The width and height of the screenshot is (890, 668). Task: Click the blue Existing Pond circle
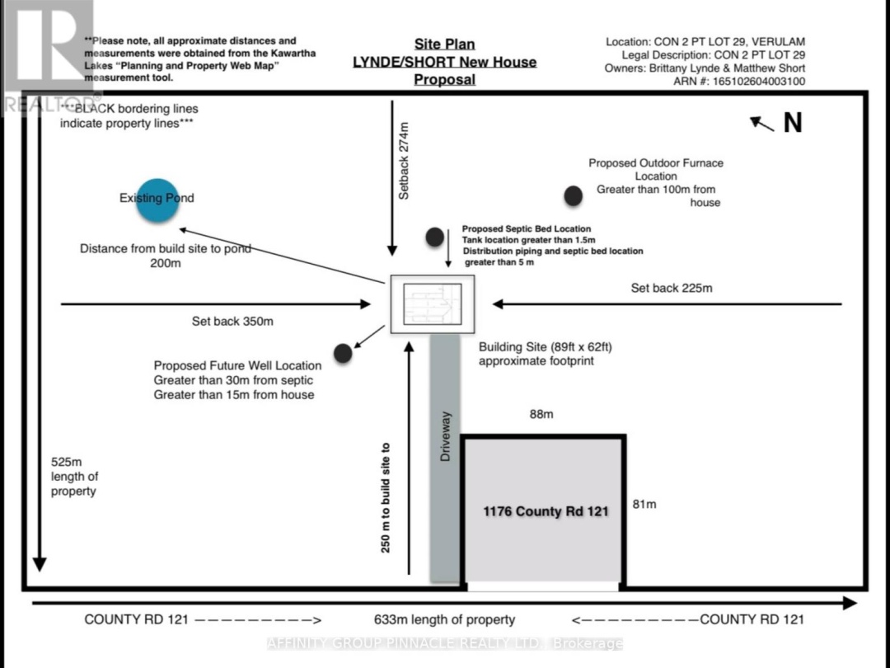tap(157, 200)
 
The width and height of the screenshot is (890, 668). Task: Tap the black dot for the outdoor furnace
tap(574, 196)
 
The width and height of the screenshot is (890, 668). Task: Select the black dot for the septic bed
tap(435, 237)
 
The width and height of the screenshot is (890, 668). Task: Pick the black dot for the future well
tap(343, 353)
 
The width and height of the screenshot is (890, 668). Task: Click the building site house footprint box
tap(433, 303)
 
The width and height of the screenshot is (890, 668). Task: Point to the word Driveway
tap(446, 436)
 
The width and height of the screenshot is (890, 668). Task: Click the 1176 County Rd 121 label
tap(546, 511)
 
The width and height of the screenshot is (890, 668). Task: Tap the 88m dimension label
tap(541, 414)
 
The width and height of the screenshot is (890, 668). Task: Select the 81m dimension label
tap(644, 504)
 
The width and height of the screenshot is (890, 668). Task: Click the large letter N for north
tap(793, 123)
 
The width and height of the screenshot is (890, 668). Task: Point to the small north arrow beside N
tap(761, 124)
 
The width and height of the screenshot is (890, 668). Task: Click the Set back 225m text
tap(672, 288)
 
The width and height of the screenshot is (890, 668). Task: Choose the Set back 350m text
tap(232, 321)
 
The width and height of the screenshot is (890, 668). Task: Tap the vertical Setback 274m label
tap(404, 161)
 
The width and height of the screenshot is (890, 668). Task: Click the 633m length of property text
tap(444, 619)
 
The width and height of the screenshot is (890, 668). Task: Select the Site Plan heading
tap(444, 44)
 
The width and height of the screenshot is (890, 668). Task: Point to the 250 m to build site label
tap(386, 497)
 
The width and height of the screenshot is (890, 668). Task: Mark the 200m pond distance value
tap(165, 264)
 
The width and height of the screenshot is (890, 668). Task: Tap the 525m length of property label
tap(74, 477)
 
